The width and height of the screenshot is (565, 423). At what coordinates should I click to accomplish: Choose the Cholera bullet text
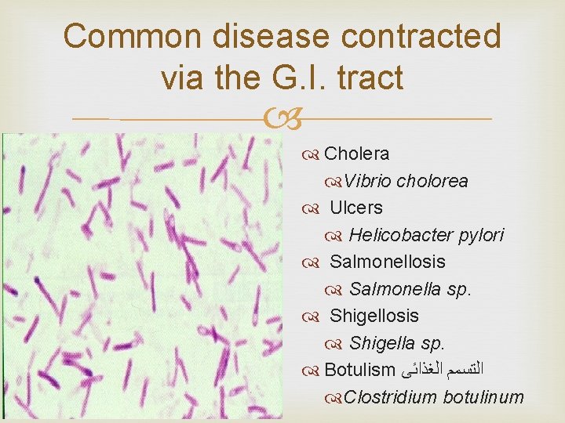[x=356, y=154]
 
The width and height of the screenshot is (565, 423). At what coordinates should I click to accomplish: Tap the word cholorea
[x=432, y=181]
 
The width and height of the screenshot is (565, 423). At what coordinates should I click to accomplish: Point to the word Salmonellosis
[x=387, y=262]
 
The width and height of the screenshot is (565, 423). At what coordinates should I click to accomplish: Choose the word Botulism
[x=359, y=370]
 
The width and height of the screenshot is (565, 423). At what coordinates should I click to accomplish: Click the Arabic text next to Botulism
[x=443, y=370]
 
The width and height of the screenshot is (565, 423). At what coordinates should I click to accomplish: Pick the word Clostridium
[x=390, y=397]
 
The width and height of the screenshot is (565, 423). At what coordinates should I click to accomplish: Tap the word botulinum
[x=483, y=397]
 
